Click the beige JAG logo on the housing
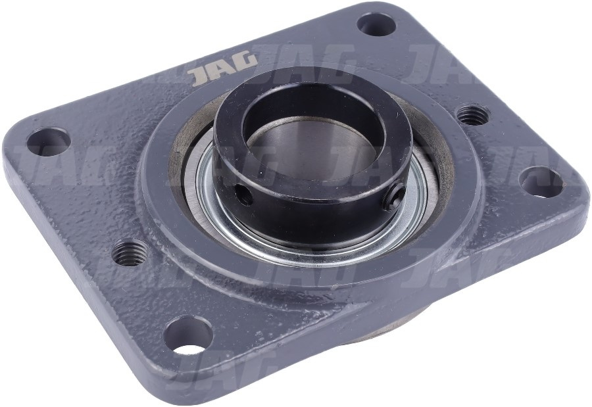224,69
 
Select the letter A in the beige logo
224,69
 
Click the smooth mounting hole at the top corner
376,24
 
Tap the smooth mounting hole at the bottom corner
188,335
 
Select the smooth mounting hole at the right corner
540,182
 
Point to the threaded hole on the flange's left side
130,252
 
